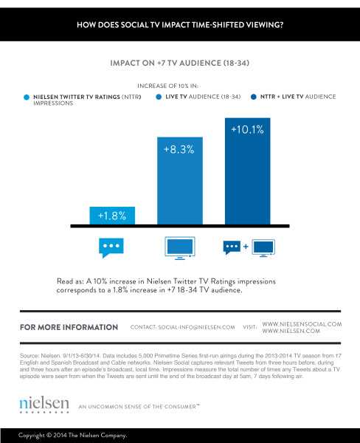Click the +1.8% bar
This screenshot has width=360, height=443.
(112, 215)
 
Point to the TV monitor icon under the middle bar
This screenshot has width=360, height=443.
(179, 247)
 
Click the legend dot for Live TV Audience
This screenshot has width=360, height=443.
(159, 97)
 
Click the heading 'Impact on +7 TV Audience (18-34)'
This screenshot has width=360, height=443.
(179, 63)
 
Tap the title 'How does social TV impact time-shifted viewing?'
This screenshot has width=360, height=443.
(180, 25)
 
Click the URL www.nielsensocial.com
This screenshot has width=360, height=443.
(302, 323)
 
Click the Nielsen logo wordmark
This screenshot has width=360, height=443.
(44, 403)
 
